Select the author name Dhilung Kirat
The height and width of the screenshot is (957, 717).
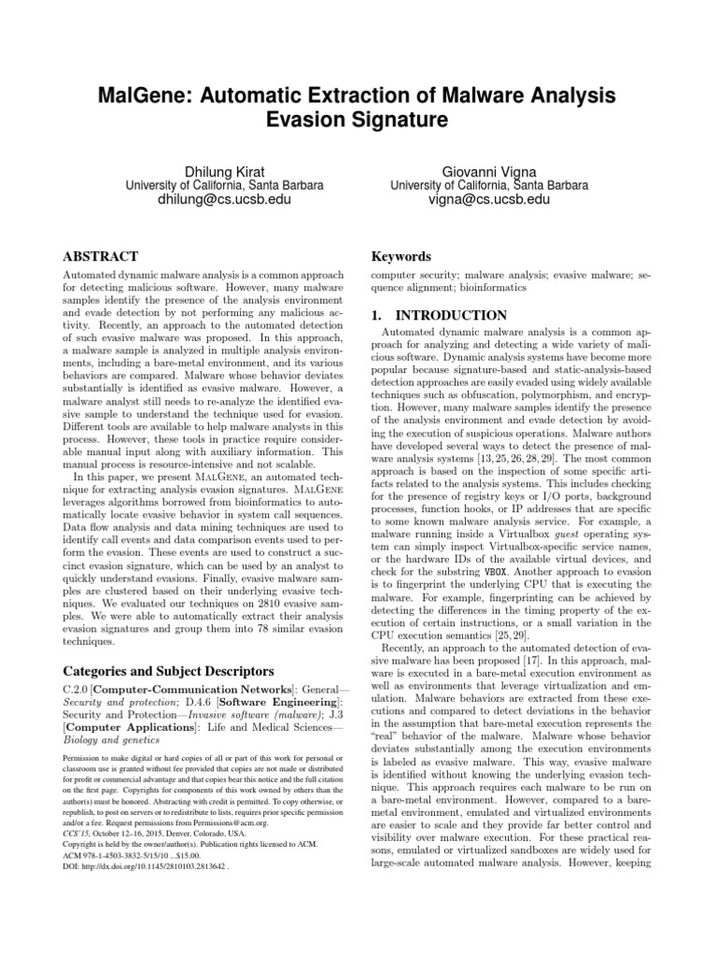click(x=225, y=169)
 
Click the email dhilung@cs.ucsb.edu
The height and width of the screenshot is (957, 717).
click(x=225, y=201)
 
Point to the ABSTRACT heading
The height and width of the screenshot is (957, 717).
click(x=100, y=256)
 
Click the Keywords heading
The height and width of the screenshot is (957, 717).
click(x=401, y=256)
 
